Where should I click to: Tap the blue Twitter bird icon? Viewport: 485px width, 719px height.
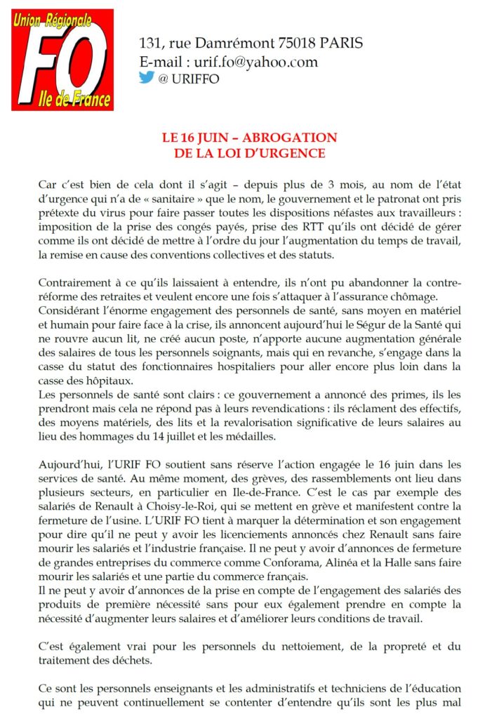[146, 78]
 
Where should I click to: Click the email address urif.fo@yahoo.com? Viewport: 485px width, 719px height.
[251, 62]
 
